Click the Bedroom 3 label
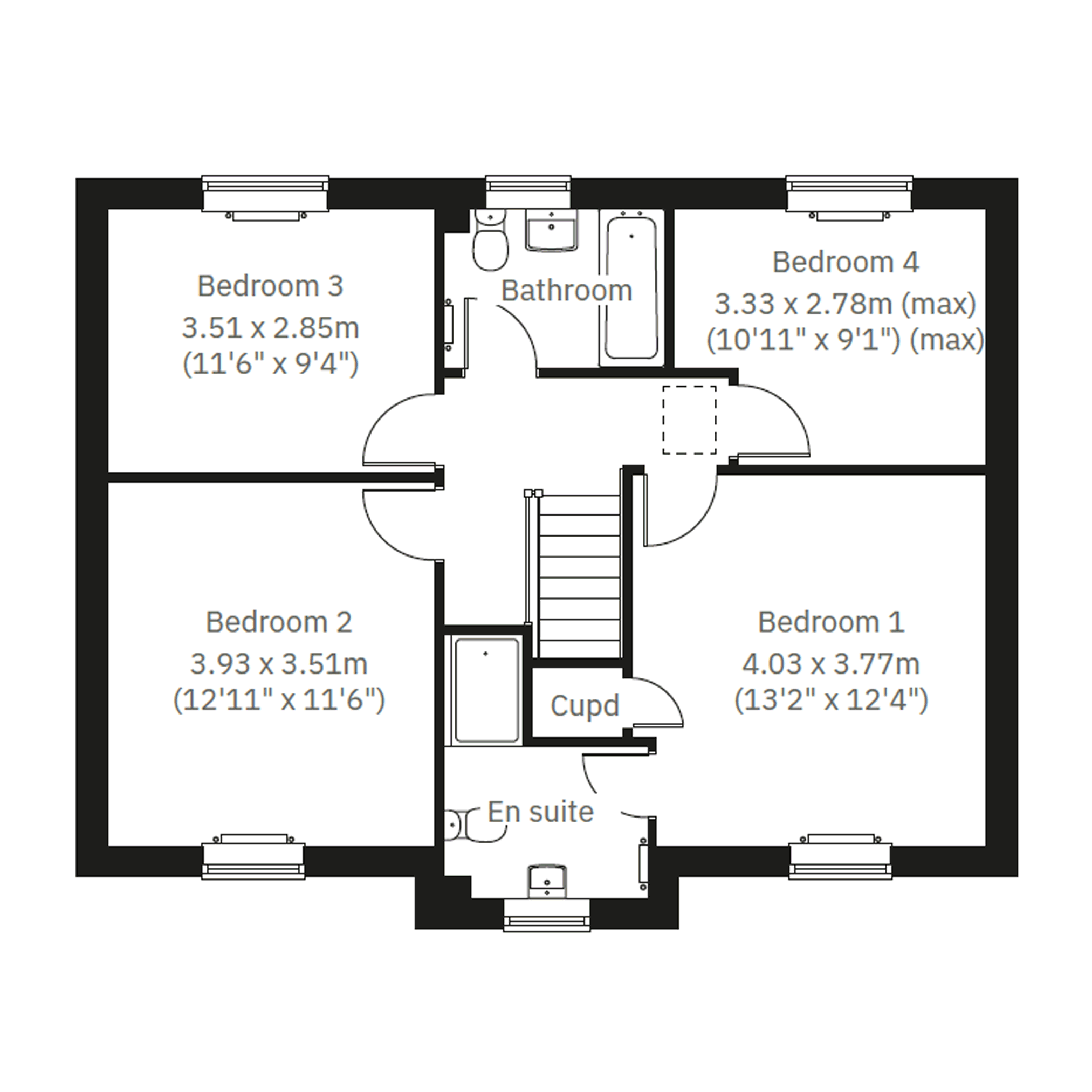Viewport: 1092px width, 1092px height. point(270,286)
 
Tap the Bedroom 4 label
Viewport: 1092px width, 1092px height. point(846,262)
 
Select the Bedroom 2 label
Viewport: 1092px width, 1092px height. point(279,622)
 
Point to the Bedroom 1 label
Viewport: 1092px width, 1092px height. point(831,622)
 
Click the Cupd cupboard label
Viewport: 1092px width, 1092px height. point(585,706)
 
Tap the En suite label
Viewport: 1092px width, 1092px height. point(540,812)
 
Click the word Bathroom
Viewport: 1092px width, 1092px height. point(566,291)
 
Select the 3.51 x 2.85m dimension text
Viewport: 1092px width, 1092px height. point(270,328)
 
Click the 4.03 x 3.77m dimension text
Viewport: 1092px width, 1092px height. point(831,664)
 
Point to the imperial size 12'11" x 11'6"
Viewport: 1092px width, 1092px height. point(279,700)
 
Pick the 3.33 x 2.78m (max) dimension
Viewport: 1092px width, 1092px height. point(846,304)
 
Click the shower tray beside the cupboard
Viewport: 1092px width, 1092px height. point(486,690)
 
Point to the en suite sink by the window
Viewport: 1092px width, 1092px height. point(547,881)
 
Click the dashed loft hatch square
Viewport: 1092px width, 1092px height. point(689,420)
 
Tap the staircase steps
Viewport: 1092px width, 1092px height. point(580,575)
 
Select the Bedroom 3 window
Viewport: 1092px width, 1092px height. point(266,196)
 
